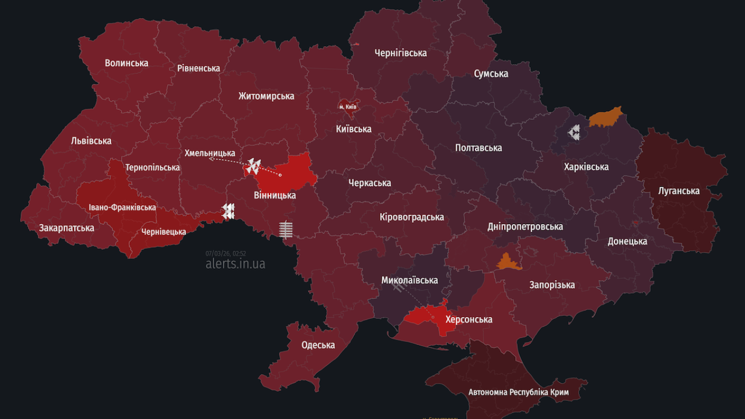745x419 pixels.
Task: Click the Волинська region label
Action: click(126, 63)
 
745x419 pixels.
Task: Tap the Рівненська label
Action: click(198, 68)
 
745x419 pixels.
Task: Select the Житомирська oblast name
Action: click(266, 96)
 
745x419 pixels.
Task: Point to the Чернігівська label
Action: click(400, 53)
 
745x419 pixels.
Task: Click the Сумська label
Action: click(491, 73)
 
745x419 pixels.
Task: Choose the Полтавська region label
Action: click(478, 148)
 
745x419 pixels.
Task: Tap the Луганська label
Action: click(679, 190)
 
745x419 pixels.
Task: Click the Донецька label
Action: click(627, 241)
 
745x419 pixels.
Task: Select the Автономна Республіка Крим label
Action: click(519, 392)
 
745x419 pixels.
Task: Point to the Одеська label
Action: click(318, 345)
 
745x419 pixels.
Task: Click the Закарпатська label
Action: click(66, 228)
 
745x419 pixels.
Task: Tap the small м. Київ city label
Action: click(348, 107)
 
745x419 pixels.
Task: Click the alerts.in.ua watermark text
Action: click(235, 264)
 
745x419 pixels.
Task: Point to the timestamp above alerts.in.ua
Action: click(225, 253)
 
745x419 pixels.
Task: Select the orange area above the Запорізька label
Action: click(508, 262)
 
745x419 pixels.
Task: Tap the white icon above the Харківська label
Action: click(574, 133)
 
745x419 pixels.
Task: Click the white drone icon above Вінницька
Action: click(253, 166)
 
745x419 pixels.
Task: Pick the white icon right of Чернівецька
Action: click(228, 211)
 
